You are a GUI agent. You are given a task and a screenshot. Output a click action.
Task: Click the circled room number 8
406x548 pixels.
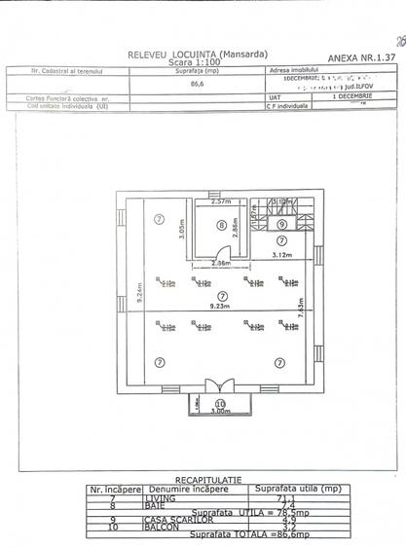coord(221,225)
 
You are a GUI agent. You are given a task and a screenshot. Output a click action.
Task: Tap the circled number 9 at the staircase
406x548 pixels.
coord(280,224)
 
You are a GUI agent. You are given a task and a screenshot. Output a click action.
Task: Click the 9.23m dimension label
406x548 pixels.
coord(221,307)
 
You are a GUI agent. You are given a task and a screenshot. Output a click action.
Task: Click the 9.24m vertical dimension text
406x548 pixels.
coord(139,295)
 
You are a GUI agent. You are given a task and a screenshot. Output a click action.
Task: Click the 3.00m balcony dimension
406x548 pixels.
coord(220,412)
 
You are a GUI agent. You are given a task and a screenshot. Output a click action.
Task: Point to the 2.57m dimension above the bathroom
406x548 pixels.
coord(220,201)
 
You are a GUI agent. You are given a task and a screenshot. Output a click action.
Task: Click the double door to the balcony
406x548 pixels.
coord(220,384)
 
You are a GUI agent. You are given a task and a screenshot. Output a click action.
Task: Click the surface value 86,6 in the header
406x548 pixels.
coord(204,86)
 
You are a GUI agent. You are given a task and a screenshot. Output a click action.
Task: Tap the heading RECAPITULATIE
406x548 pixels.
coord(203,480)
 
